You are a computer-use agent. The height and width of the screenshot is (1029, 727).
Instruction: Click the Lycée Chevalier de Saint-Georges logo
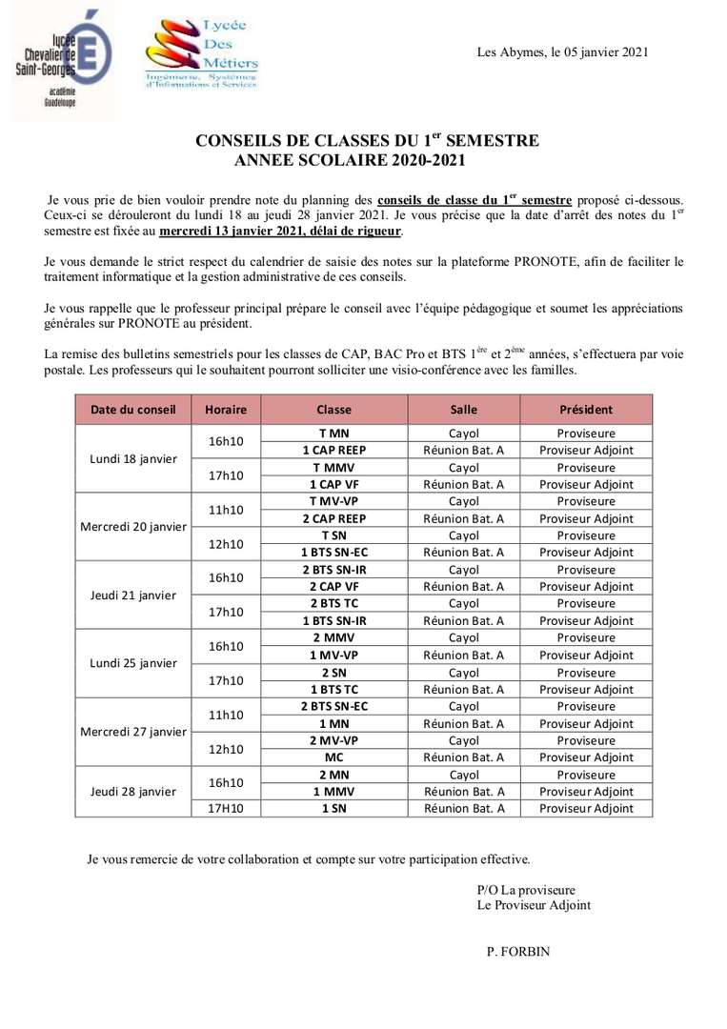tap(64, 59)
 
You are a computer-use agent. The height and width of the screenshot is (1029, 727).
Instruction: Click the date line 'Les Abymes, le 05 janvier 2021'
tap(562, 52)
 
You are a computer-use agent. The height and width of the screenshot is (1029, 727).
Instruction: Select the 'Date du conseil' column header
tap(133, 410)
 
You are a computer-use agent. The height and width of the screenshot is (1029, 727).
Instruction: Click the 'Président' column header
tap(586, 410)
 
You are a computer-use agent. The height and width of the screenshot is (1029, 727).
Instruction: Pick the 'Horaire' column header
tap(226, 410)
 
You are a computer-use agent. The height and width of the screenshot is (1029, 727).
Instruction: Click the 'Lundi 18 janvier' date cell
tap(133, 458)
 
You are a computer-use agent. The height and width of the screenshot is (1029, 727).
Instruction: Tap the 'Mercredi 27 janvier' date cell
tap(133, 732)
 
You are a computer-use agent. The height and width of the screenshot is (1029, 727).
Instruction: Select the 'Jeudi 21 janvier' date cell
tap(133, 595)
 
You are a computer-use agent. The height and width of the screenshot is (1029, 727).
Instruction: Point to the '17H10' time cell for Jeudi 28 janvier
tap(226, 808)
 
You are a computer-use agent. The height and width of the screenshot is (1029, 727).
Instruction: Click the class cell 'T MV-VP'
tap(333, 501)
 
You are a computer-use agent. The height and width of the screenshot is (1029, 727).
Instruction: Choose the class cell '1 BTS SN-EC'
tap(333, 553)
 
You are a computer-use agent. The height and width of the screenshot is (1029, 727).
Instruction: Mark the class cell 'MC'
tap(333, 757)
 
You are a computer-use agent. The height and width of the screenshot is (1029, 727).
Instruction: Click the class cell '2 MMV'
tap(333, 637)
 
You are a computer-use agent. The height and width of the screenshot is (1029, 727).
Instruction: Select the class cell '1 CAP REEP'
tap(333, 450)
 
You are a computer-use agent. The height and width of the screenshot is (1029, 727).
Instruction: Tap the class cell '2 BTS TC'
tap(333, 603)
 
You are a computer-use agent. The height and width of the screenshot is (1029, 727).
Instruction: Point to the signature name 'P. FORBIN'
tap(518, 951)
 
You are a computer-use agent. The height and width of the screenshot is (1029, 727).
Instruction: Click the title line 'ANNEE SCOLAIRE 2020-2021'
tap(350, 161)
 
